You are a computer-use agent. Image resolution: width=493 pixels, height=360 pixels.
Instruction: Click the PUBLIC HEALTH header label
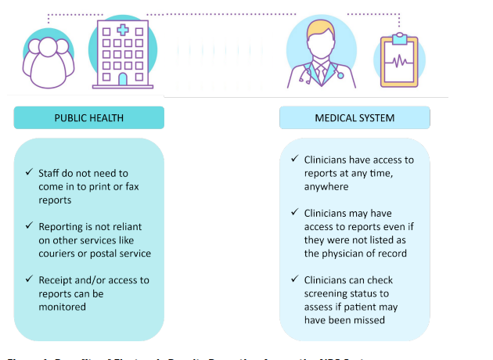(89, 118)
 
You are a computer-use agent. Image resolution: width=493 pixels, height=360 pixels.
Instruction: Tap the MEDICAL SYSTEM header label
(354, 118)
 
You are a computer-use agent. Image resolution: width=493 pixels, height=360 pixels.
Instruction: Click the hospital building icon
(123, 52)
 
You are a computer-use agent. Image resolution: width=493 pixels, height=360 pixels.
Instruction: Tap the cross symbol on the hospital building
(123, 31)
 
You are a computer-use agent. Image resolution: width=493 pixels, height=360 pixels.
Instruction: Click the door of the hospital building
(123, 78)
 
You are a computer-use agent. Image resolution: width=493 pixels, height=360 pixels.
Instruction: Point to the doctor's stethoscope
(320, 75)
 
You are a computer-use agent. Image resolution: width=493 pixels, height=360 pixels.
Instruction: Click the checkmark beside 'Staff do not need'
(30, 172)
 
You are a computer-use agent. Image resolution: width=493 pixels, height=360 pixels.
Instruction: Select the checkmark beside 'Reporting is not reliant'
(30, 226)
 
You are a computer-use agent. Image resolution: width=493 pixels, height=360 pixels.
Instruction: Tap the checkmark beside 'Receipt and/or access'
(30, 279)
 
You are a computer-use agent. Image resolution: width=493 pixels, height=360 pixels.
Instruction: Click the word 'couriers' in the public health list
(60, 254)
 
